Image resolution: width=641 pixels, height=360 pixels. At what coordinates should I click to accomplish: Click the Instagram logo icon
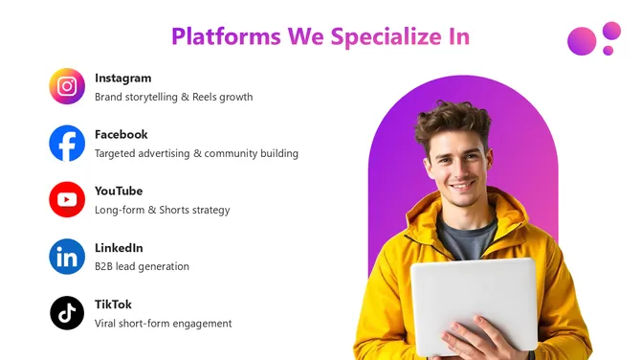pos(67,87)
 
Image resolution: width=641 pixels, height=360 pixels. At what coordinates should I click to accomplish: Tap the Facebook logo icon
pos(67,144)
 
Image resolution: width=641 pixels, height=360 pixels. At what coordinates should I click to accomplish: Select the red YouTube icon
pos(67,200)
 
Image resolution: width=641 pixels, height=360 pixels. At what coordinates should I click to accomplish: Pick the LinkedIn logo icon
pos(67,257)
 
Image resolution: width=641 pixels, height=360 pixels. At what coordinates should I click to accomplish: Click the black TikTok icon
pos(67,313)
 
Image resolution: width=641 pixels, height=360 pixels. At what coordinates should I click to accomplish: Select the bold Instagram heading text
pos(122,78)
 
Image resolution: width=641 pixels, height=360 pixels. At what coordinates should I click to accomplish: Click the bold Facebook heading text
pos(121,134)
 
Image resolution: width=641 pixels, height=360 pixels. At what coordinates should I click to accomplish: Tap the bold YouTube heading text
pos(119,191)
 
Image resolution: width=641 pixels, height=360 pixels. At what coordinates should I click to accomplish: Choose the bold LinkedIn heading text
pos(119,248)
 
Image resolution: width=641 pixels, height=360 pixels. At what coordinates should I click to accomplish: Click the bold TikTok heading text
pos(113,304)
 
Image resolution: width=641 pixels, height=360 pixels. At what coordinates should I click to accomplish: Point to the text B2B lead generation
pos(142,266)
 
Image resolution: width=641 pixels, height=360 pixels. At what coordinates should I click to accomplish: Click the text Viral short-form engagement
pos(163,324)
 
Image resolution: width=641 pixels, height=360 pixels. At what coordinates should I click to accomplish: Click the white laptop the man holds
pos(474,302)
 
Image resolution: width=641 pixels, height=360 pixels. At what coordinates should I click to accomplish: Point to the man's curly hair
pos(452,120)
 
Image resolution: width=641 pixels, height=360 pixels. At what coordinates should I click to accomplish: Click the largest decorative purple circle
pos(582,40)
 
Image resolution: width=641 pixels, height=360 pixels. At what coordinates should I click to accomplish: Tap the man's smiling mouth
pos(461,184)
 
